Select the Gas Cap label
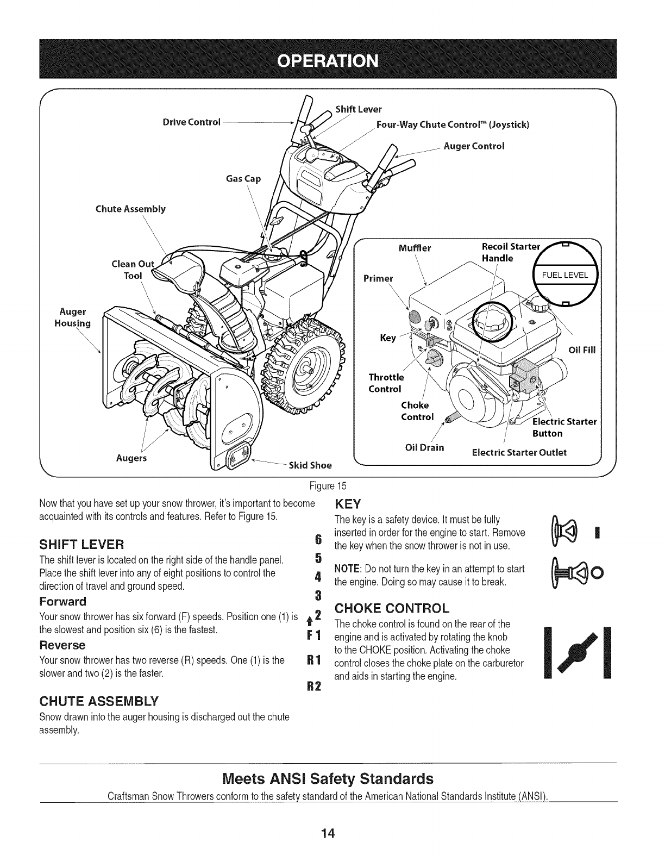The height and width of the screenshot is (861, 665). click(243, 178)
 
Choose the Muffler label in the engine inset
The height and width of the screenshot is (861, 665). click(415, 248)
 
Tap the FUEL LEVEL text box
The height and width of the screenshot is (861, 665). click(565, 275)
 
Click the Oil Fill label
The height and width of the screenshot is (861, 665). click(582, 350)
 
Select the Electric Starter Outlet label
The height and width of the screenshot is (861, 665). click(520, 452)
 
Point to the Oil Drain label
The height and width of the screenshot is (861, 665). click(424, 447)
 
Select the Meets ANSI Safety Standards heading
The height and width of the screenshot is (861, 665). click(329, 778)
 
